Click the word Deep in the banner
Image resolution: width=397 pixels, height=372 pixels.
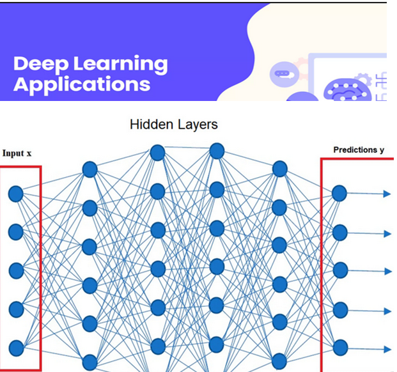(38, 64)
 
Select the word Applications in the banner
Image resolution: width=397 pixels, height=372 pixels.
(82, 85)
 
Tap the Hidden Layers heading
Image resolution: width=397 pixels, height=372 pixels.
(173, 124)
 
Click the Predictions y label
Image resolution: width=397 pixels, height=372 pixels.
(359, 150)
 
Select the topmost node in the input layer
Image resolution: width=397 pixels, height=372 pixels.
(16, 193)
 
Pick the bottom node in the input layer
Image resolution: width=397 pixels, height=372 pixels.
(16, 348)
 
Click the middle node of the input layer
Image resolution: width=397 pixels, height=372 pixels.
(16, 270)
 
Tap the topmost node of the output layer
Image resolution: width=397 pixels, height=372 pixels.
(339, 193)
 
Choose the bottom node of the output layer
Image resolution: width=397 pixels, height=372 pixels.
(339, 348)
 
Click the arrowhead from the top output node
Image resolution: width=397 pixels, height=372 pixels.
(387, 193)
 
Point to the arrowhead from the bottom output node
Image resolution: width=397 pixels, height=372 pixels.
(387, 349)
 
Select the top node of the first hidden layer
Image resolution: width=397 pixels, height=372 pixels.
(90, 169)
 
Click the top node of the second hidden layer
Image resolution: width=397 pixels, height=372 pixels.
(157, 153)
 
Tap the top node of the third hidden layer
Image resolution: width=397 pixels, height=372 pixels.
(217, 151)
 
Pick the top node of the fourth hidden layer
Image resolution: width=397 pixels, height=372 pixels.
(279, 169)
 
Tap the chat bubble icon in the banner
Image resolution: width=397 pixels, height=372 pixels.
(282, 74)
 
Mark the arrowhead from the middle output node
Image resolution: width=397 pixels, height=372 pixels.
(387, 271)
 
